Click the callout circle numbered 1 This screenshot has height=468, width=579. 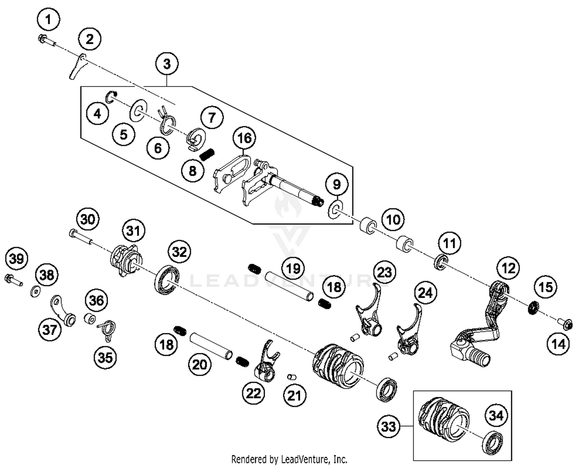point(49,19)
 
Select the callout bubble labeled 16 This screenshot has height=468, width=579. point(244,138)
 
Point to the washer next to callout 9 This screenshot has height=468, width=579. point(335,209)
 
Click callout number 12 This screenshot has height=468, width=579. point(508,268)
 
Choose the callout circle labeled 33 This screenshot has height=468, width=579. point(388,426)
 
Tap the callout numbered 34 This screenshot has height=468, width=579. point(496,415)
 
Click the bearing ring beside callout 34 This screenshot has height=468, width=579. point(493,441)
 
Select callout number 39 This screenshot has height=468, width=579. point(17,258)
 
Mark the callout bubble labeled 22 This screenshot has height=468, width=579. point(254,393)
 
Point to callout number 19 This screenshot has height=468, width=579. point(293,268)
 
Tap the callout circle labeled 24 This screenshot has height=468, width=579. point(425,293)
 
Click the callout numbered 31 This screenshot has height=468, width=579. point(133,231)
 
